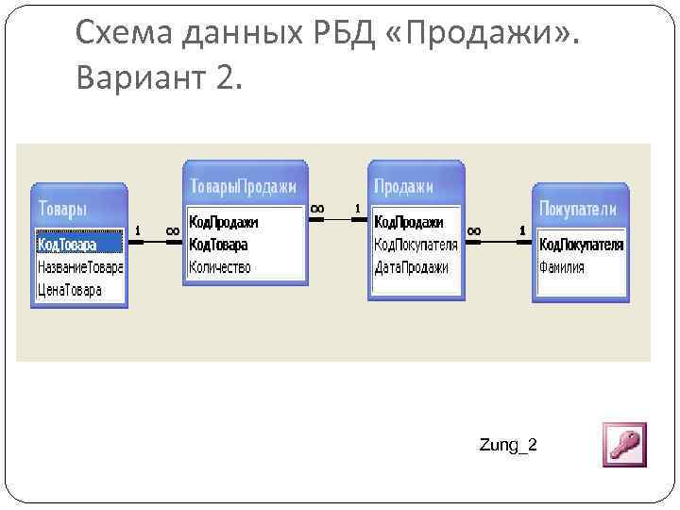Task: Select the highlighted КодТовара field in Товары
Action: pyautogui.click(x=68, y=245)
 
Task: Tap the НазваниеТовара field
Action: pyautogui.click(x=79, y=267)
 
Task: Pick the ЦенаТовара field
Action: pyautogui.click(x=70, y=290)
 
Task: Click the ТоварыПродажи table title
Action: pyautogui.click(x=244, y=186)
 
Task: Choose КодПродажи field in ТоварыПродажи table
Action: pyautogui.click(x=224, y=222)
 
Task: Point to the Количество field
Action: pyautogui.click(x=220, y=267)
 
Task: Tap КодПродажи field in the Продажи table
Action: pyautogui.click(x=409, y=222)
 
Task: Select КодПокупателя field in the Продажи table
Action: pyautogui.click(x=416, y=245)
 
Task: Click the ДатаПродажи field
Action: pyautogui.click(x=412, y=267)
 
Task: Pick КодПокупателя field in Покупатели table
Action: pyautogui.click(x=581, y=245)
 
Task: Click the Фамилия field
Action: pyautogui.click(x=562, y=267)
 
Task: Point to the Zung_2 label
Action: pyautogui.click(x=508, y=445)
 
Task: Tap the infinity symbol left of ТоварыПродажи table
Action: pyautogui.click(x=172, y=229)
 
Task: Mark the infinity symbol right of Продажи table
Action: pyautogui.click(x=474, y=229)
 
